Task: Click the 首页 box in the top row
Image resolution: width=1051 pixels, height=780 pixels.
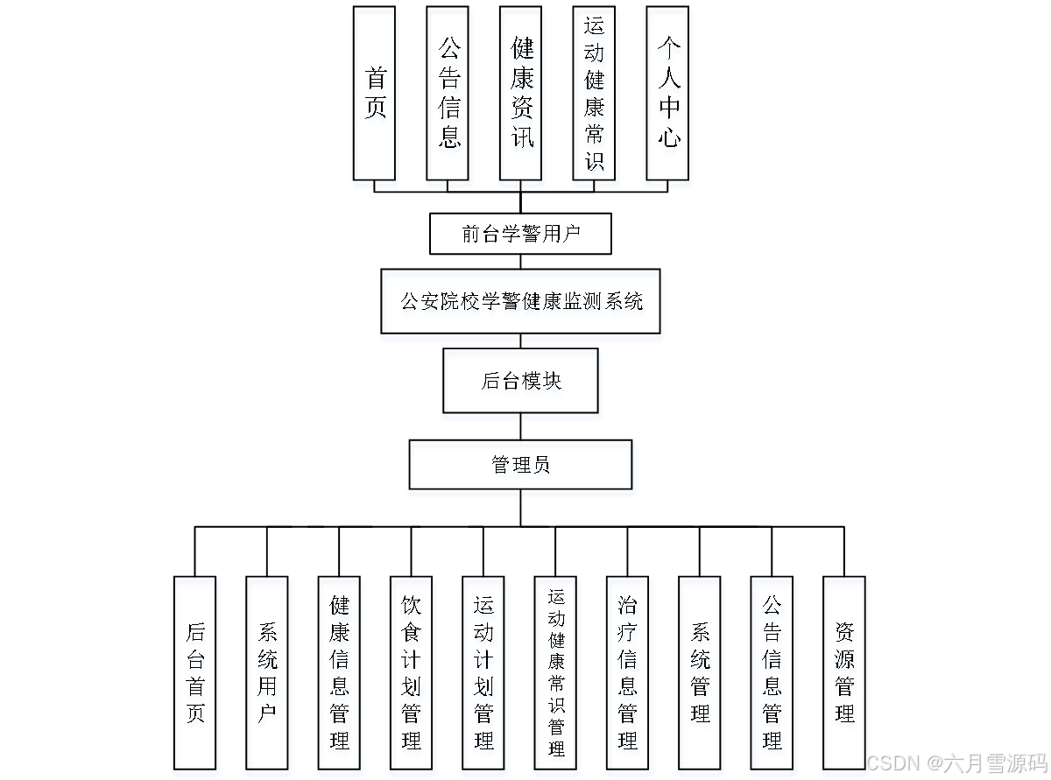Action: click(x=374, y=93)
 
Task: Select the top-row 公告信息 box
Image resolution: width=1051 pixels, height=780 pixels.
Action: click(x=448, y=93)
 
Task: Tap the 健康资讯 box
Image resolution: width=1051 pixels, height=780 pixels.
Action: click(x=521, y=93)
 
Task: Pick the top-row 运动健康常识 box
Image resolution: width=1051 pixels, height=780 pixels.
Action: click(x=594, y=93)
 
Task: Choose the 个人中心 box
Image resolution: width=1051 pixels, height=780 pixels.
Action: click(x=667, y=93)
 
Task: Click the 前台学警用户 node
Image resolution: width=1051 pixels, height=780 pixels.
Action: click(x=520, y=234)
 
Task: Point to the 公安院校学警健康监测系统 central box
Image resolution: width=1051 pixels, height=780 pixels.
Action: click(x=520, y=301)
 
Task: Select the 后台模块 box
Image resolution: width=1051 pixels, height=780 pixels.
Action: click(x=520, y=381)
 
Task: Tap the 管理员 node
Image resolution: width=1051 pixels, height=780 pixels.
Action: click(x=520, y=464)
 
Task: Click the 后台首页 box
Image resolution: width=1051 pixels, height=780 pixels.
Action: click(x=194, y=672)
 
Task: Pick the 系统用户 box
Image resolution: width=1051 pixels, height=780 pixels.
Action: click(x=267, y=672)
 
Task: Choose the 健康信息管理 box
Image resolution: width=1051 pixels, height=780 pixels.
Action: click(x=339, y=672)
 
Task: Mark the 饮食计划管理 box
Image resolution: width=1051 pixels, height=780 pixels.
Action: click(x=411, y=672)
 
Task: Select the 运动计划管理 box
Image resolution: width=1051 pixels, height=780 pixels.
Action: click(x=483, y=672)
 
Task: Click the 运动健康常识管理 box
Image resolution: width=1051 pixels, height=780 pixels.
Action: click(x=556, y=672)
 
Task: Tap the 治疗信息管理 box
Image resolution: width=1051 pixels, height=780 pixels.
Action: click(x=628, y=672)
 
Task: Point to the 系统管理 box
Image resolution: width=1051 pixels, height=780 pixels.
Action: click(x=700, y=672)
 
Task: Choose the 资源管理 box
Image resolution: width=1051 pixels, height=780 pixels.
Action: click(x=844, y=672)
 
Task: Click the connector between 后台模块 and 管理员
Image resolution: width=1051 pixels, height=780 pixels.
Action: click(x=520, y=426)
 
